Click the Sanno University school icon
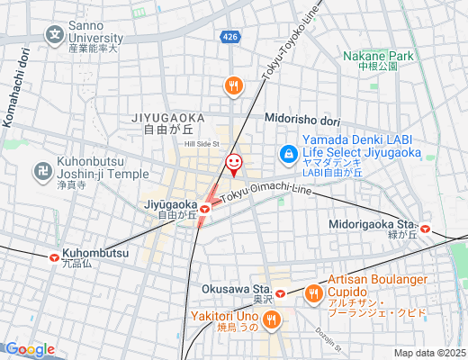point(55,36)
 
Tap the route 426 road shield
point(231,36)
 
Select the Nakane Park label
point(378,56)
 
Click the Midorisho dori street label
point(302,119)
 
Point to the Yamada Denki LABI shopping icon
point(289,154)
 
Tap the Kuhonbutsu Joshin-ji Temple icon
point(42,168)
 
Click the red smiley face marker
point(233,162)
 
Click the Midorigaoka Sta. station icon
point(425,229)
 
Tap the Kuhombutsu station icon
point(53,255)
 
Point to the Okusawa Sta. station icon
point(280,292)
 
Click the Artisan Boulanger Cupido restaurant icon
point(313,292)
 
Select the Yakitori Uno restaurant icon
point(272,319)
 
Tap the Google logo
point(29,349)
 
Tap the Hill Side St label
point(202,143)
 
